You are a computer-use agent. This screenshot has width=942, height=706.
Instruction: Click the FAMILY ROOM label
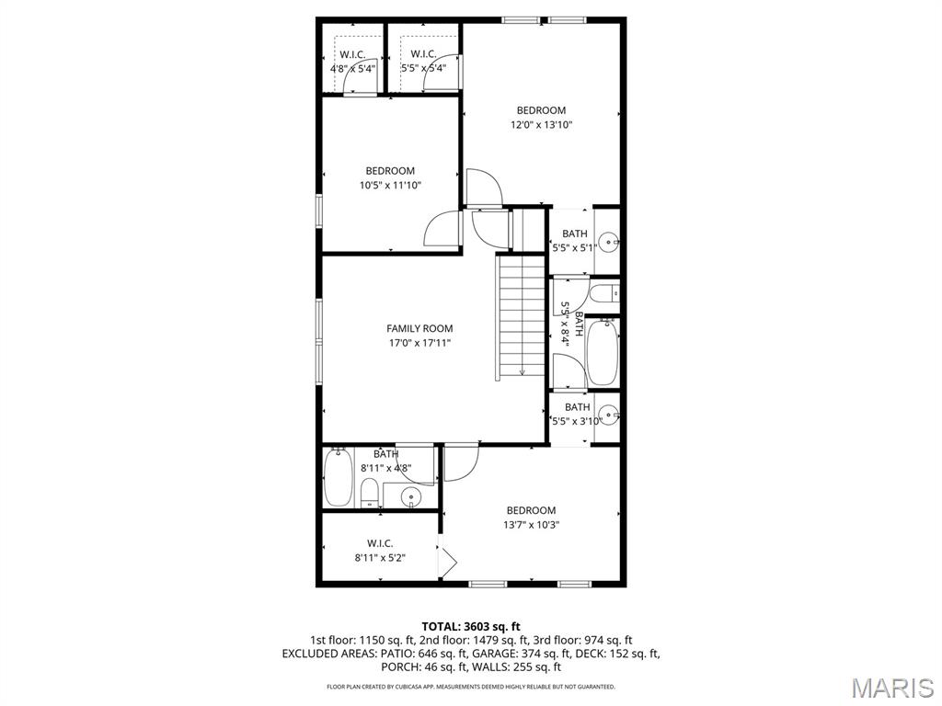(x=419, y=328)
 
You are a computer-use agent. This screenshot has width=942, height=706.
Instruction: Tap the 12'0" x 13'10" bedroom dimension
(x=542, y=125)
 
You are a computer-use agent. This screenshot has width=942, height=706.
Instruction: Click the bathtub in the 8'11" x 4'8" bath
(x=338, y=477)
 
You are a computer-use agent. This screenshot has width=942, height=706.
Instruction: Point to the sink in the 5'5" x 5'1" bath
(x=607, y=244)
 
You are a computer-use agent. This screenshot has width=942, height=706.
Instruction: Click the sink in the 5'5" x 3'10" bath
(x=607, y=412)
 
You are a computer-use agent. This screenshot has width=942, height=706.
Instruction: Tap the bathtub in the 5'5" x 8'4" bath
(x=603, y=352)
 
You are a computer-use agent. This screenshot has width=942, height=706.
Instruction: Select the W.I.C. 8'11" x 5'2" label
(x=380, y=550)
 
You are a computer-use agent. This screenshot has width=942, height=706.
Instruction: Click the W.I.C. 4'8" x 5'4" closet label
(x=352, y=61)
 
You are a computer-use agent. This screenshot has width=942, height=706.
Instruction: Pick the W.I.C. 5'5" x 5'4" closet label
(x=423, y=61)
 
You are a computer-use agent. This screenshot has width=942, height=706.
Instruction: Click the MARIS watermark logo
(x=890, y=688)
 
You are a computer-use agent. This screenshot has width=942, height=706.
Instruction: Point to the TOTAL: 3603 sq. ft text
(x=471, y=626)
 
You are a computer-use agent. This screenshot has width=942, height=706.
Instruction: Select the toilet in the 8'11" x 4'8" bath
(x=369, y=493)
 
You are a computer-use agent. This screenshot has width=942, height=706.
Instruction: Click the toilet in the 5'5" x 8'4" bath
(x=603, y=294)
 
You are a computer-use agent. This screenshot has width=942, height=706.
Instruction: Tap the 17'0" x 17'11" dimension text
(x=419, y=343)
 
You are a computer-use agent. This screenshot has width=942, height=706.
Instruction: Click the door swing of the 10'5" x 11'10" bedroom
(x=443, y=229)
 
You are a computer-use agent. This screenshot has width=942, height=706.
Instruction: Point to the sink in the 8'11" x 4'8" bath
(x=411, y=497)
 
